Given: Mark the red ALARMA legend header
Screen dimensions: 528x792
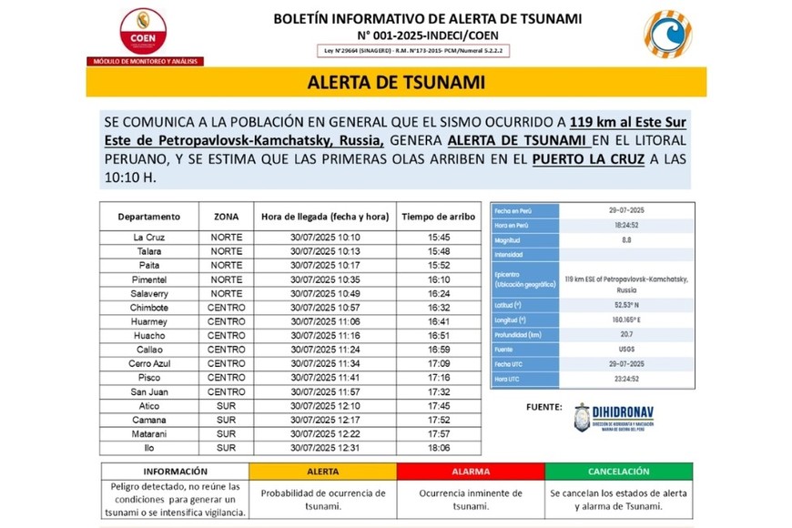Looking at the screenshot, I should point(471,472).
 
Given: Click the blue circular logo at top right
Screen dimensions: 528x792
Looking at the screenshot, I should point(667,33).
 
